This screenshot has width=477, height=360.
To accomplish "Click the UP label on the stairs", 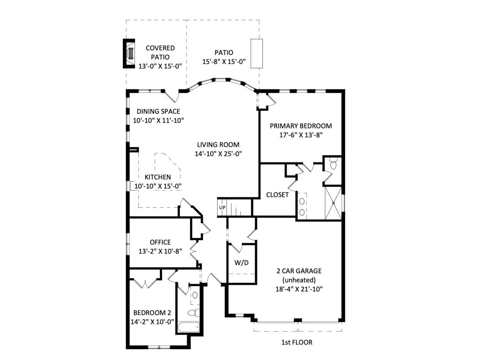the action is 222,208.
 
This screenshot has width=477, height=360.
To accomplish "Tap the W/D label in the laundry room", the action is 241,263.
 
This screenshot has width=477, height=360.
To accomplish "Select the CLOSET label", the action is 277,195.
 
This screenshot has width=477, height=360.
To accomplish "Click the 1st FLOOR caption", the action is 297,342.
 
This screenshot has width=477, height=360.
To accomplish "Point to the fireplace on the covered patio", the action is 129,53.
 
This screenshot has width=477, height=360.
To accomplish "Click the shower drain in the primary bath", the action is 333,203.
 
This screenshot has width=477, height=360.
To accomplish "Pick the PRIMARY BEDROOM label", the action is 301,126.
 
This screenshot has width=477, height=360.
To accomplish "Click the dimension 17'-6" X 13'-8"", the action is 301,135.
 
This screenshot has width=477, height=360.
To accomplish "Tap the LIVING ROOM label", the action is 218,144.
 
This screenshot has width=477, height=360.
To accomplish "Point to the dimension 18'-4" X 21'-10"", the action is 299,289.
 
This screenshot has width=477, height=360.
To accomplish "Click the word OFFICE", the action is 160,242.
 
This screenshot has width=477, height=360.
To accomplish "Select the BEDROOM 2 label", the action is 152,313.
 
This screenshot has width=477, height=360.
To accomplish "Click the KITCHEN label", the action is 158,177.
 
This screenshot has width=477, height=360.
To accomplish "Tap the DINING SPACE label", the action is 158,111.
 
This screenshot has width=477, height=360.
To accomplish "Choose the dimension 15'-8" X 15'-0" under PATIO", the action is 224,62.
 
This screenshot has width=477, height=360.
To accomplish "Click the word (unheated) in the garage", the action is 299,280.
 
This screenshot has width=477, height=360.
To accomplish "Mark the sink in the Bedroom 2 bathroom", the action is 195,295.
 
